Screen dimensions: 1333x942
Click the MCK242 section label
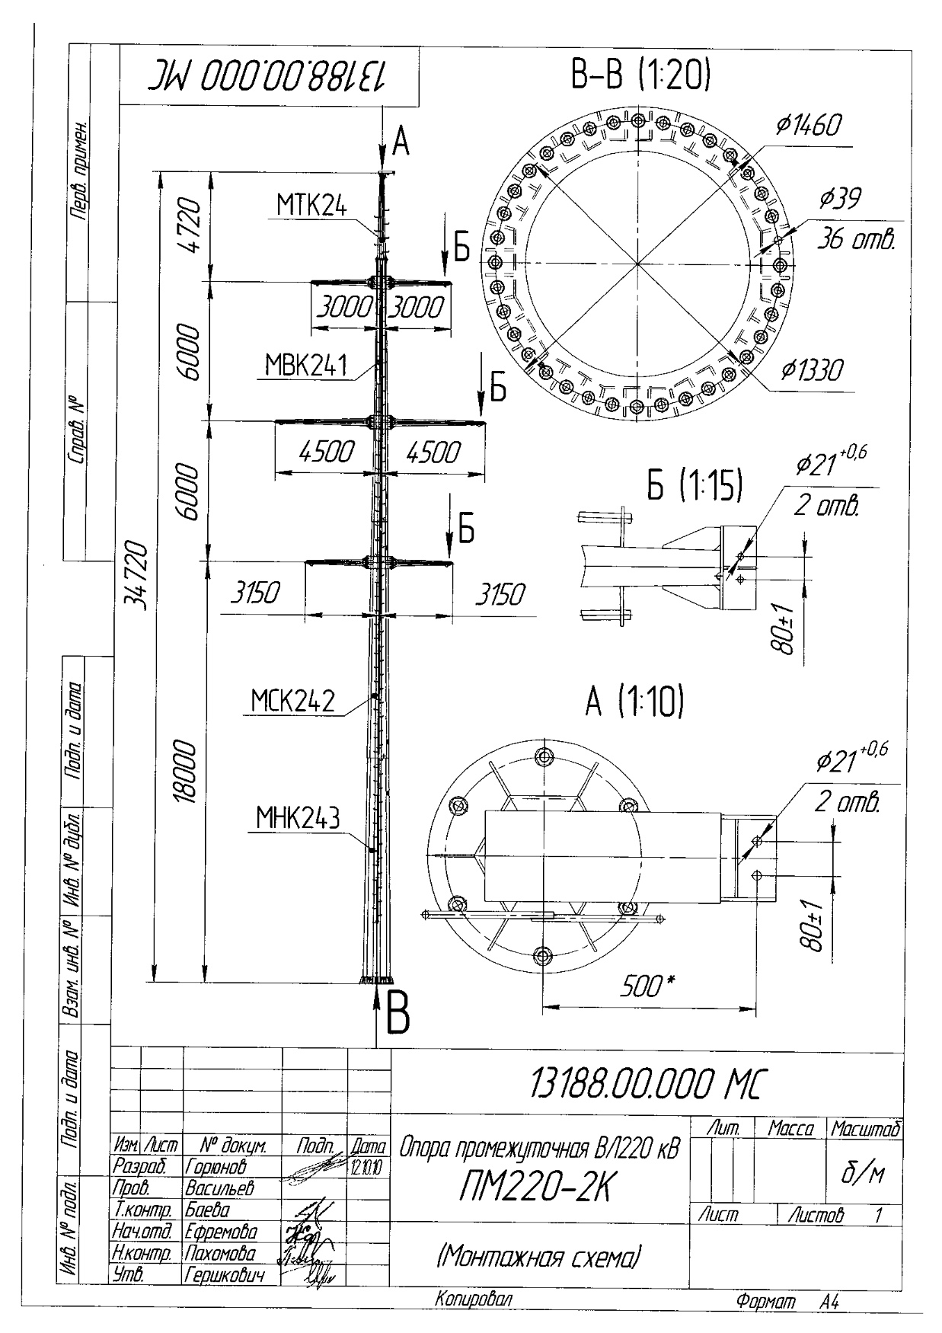point(293,701)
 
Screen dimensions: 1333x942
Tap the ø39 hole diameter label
point(840,200)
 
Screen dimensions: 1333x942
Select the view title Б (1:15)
point(694,487)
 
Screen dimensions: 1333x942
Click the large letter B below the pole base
point(398,1012)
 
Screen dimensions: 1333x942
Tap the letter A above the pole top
point(401,140)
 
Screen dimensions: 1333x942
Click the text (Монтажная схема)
point(538,1255)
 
